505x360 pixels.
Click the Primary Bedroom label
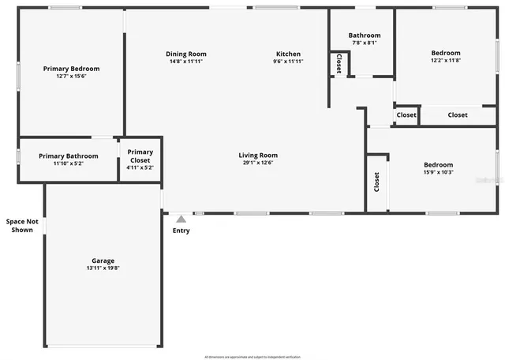click(x=71, y=69)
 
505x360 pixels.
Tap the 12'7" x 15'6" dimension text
click(x=71, y=77)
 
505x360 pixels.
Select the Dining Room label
click(x=185, y=54)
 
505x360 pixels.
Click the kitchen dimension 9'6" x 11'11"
click(x=288, y=62)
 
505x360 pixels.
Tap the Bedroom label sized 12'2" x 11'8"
click(x=446, y=53)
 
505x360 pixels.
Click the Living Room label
click(x=258, y=156)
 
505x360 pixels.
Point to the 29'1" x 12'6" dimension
click(x=258, y=163)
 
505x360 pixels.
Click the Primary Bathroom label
click(x=69, y=156)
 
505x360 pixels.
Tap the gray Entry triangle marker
click(x=181, y=219)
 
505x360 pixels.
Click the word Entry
click(x=181, y=231)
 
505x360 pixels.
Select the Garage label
click(x=103, y=261)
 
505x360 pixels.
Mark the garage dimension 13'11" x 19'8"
click(x=103, y=268)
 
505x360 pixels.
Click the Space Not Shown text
click(x=21, y=226)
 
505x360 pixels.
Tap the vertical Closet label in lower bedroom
click(x=377, y=182)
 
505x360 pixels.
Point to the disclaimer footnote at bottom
click(x=252, y=357)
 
